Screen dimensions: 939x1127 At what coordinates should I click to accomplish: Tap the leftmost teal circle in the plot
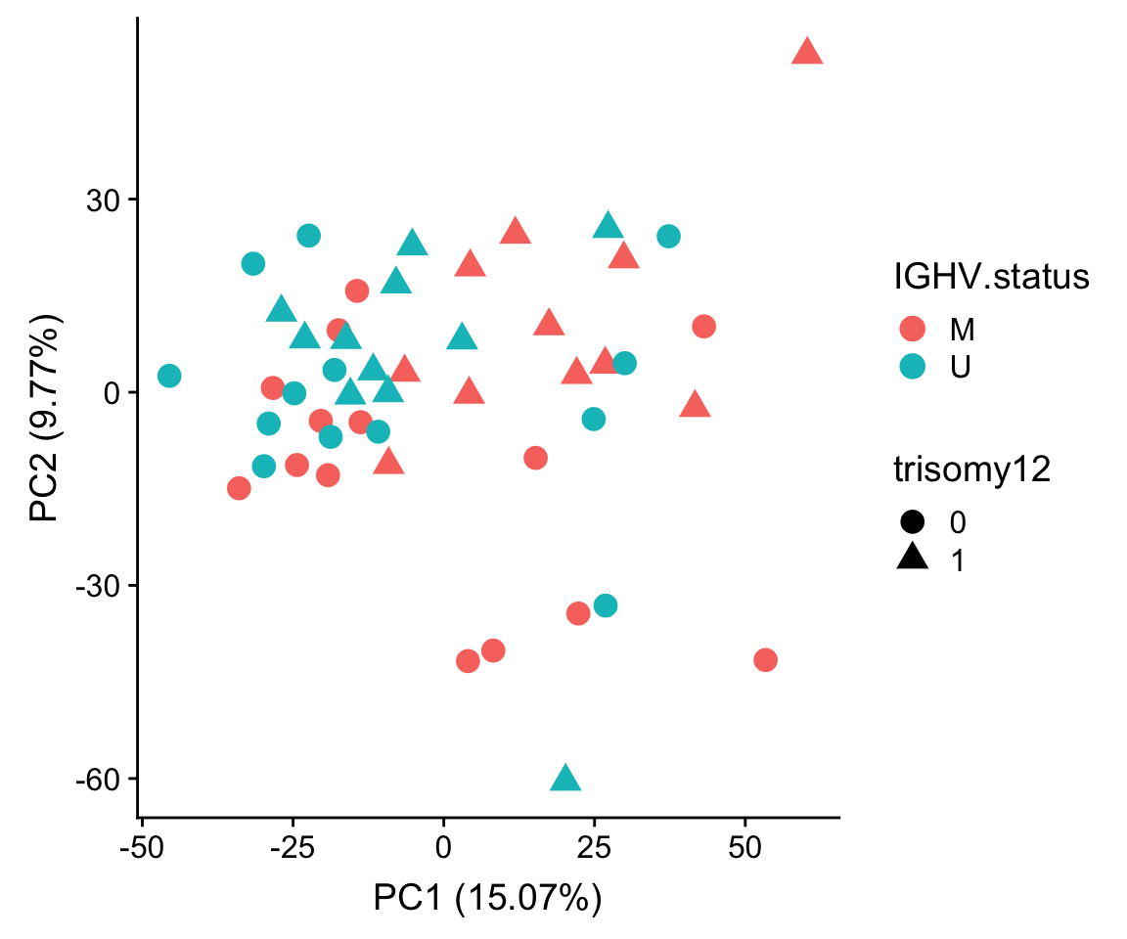point(169,376)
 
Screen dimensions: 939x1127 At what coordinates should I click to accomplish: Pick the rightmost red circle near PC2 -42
point(765,660)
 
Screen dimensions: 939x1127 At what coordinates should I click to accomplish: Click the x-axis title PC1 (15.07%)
point(487,898)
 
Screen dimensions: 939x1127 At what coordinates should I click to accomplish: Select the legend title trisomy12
point(972,470)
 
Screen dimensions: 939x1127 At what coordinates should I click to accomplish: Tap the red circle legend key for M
point(913,329)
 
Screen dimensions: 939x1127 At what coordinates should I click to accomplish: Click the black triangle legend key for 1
point(913,559)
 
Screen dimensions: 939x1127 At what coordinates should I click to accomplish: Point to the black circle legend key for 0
point(913,521)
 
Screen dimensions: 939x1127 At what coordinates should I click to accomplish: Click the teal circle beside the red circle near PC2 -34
point(606,605)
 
